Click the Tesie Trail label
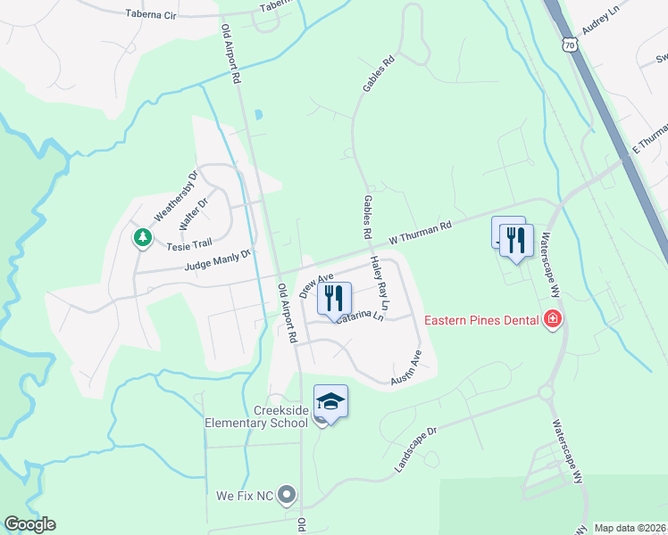click(188, 243)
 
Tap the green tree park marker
click(141, 238)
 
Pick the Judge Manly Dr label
click(218, 260)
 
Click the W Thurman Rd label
click(422, 235)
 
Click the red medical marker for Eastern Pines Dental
click(553, 319)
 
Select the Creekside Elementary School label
click(256, 416)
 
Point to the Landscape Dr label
click(414, 450)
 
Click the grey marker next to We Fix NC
click(287, 493)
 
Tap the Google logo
click(29, 524)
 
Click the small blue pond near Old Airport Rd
click(258, 115)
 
